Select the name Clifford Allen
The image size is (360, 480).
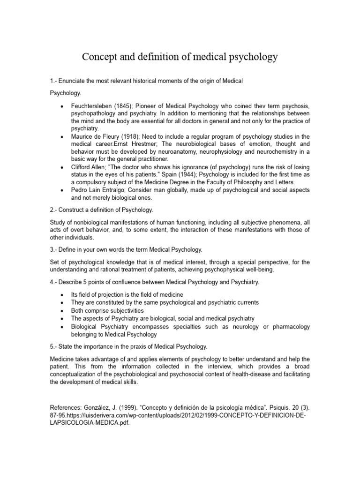pos(91,167)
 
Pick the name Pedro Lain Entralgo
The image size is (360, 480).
pos(98,189)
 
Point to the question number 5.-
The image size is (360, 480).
pos(54,346)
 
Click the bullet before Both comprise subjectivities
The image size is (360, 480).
pos(63,310)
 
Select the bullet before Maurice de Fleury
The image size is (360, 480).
pos(63,136)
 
